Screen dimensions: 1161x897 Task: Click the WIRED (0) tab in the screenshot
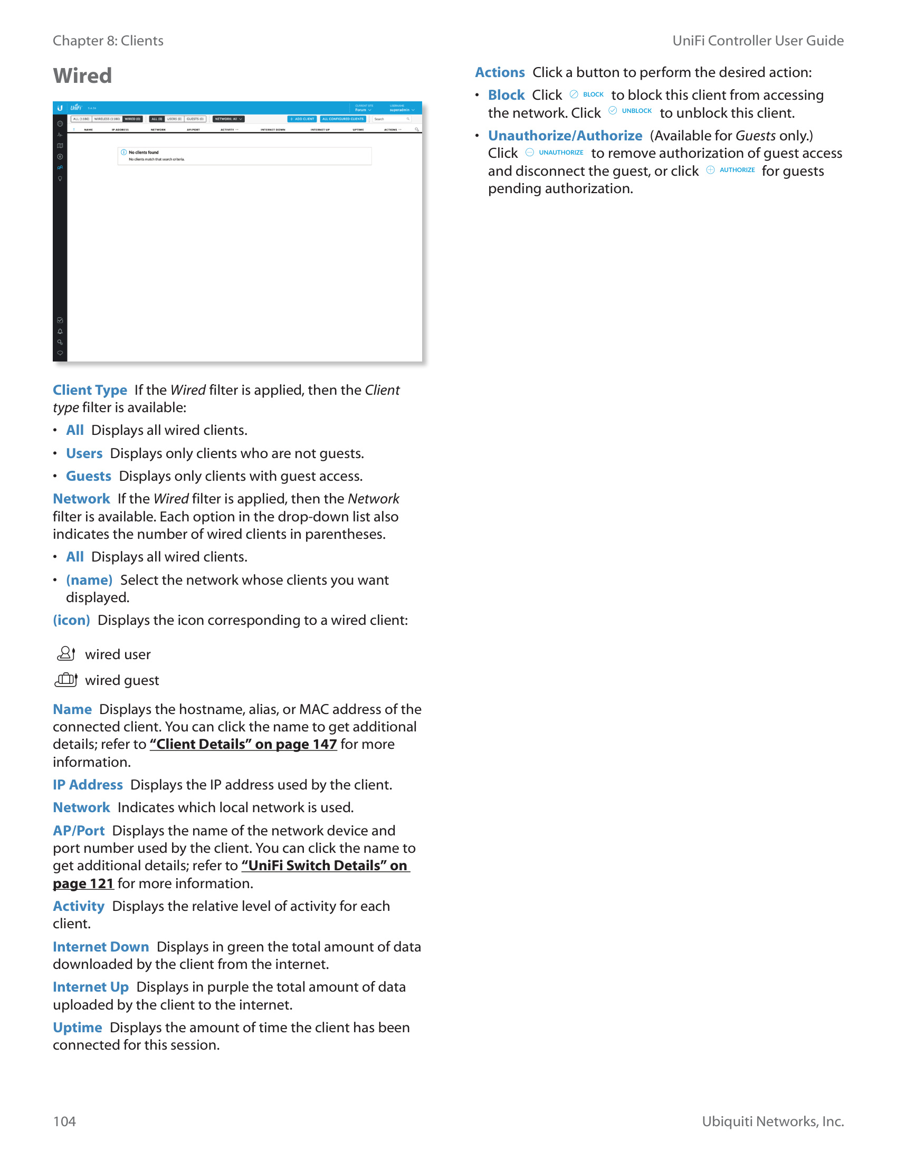pyautogui.click(x=133, y=119)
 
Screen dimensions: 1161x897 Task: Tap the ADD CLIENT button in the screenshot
pyautogui.click(x=302, y=119)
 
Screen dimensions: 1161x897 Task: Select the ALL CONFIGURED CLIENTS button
pyautogui.click(x=343, y=119)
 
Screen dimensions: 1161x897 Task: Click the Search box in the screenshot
pyautogui.click(x=392, y=119)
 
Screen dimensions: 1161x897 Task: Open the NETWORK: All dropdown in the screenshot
pyautogui.click(x=228, y=119)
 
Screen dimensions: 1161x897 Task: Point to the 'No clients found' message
pyautogui.click(x=144, y=153)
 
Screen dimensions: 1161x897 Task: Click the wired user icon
pyautogui.click(x=66, y=654)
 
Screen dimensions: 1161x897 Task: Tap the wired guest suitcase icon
pyautogui.click(x=66, y=680)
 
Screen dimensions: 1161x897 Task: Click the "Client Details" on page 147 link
pyautogui.click(x=243, y=744)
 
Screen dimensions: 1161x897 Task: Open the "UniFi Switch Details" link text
pyautogui.click(x=325, y=865)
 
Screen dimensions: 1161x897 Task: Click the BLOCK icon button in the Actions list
pyautogui.click(x=587, y=94)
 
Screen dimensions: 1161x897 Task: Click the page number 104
pyautogui.click(x=64, y=1121)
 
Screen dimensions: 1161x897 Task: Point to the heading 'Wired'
pyautogui.click(x=82, y=75)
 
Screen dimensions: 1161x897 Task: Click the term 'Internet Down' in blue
pyautogui.click(x=100, y=947)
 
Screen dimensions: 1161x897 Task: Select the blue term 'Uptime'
pyautogui.click(x=77, y=1027)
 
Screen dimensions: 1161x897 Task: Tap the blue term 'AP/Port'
pyautogui.click(x=79, y=830)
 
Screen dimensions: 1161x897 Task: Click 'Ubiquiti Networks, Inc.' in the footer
pyautogui.click(x=772, y=1121)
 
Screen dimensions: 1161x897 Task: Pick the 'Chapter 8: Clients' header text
pyautogui.click(x=108, y=41)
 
